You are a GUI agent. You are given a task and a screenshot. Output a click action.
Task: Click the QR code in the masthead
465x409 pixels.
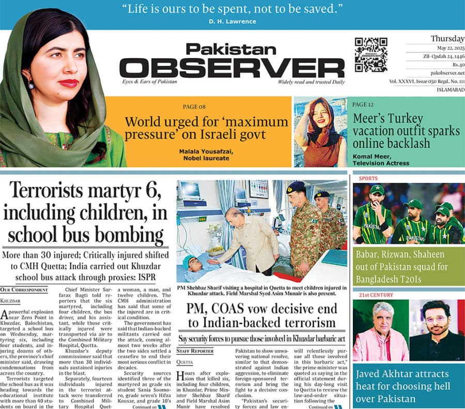pyautogui.click(x=371, y=54)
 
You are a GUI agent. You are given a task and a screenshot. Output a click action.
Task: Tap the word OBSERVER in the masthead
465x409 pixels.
pyautogui.click(x=231, y=67)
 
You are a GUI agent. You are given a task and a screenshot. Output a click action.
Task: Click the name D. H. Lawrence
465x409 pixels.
pyautogui.click(x=232, y=21)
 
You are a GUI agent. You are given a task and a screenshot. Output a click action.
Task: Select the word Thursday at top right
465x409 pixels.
pyautogui.click(x=447, y=39)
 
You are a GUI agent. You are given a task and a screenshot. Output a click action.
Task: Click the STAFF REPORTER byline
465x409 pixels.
pyautogui.click(x=195, y=351)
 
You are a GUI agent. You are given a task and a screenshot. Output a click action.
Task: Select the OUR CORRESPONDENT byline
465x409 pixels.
pyautogui.click(x=24, y=290)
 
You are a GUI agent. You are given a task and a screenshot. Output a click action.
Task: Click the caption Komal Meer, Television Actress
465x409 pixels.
pyautogui.click(x=381, y=159)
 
